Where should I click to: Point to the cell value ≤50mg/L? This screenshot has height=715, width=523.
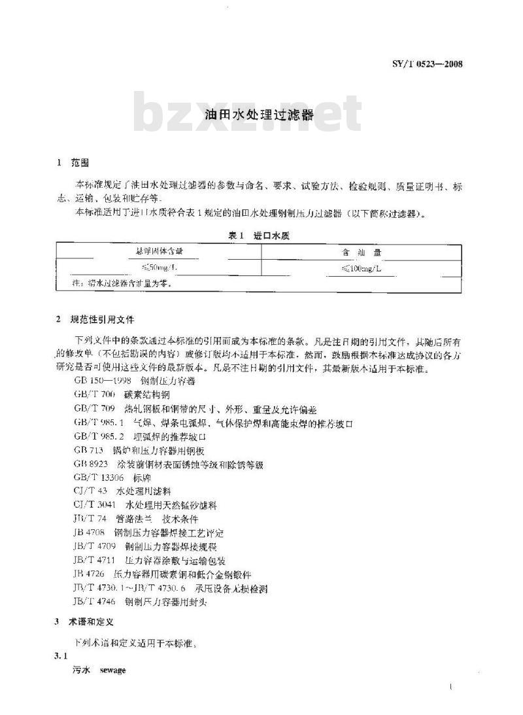point(158,268)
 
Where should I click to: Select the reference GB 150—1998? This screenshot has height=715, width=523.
point(103,379)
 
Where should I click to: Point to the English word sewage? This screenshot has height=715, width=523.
point(112,671)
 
